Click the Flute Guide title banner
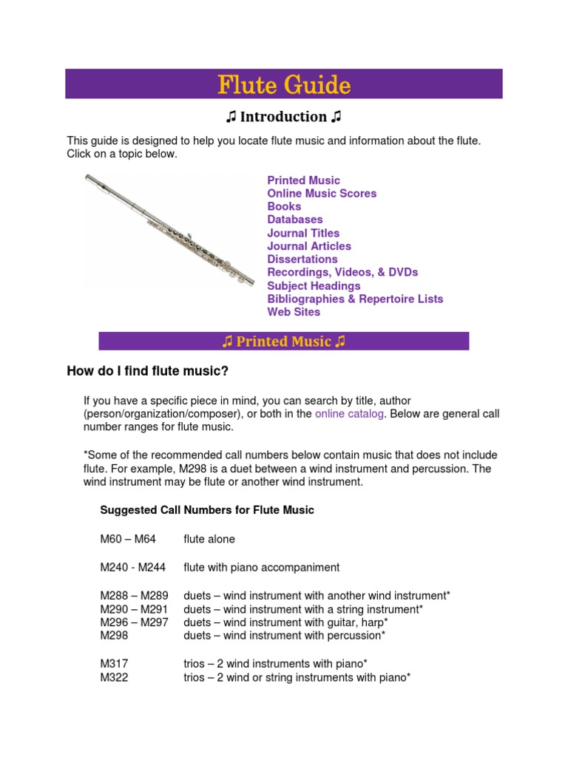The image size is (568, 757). [x=284, y=84]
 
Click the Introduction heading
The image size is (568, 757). [x=284, y=117]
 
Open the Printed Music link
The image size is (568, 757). [x=303, y=180]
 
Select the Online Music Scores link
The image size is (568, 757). [x=322, y=194]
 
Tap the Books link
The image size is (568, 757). [x=284, y=206]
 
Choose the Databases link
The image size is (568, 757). [x=294, y=220]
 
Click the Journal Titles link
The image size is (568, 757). [x=303, y=233]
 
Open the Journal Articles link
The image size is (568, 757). [x=309, y=246]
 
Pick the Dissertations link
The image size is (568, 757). [x=302, y=259]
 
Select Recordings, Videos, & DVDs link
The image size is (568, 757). [x=342, y=272]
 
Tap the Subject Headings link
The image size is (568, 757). [x=314, y=286]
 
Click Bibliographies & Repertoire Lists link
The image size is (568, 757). [x=355, y=299]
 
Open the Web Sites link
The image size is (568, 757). [x=294, y=312]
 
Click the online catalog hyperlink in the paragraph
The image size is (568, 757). [x=349, y=414]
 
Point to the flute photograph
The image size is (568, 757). [x=170, y=231]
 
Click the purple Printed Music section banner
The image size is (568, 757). [x=284, y=342]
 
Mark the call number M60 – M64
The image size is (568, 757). [x=127, y=540]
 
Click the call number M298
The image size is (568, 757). [x=114, y=635]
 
